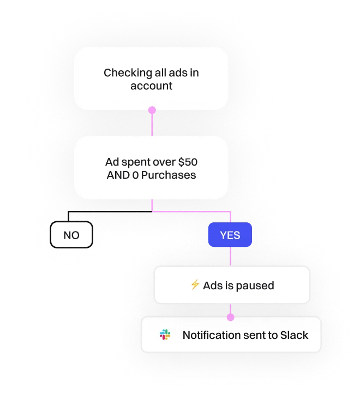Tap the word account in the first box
tap(151, 86)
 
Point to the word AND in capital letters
tap(117, 175)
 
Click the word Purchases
tap(169, 175)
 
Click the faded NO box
tap(71, 235)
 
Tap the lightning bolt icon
tap(195, 285)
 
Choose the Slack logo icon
tap(165, 335)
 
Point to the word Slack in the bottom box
tap(295, 335)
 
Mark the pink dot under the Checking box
tap(152, 110)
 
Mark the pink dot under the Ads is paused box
tap(231, 317)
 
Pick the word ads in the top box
tap(178, 72)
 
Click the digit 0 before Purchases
tap(135, 175)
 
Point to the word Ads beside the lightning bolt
tap(212, 285)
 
